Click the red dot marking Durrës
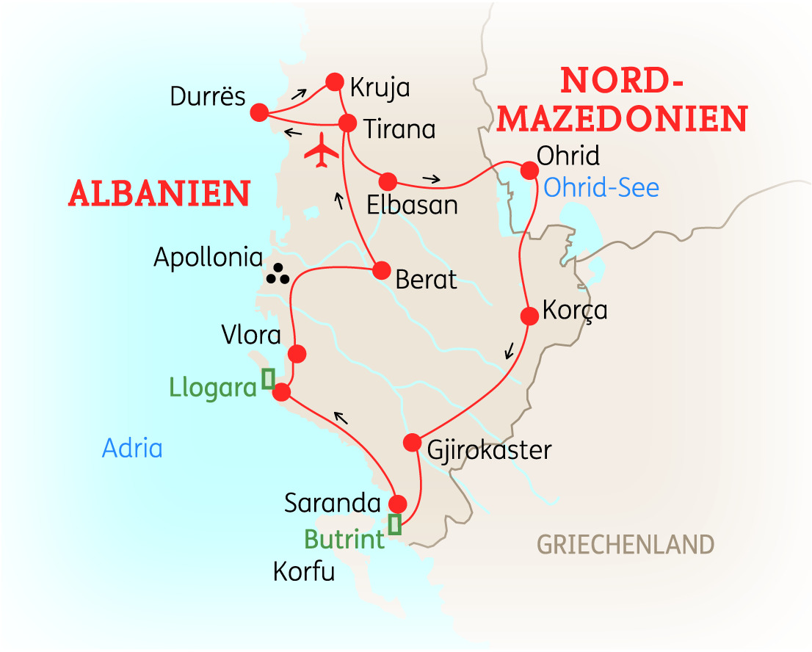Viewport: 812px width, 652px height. (x=258, y=112)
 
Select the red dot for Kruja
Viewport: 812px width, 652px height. (x=335, y=81)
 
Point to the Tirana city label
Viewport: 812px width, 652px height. (x=399, y=129)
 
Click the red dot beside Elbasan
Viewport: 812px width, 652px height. (x=387, y=181)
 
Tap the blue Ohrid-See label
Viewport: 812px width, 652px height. (x=601, y=188)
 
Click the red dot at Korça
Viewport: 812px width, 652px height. (x=529, y=316)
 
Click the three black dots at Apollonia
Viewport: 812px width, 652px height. (x=278, y=273)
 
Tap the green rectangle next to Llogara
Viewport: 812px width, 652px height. (x=268, y=377)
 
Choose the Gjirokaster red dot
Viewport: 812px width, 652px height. (x=413, y=443)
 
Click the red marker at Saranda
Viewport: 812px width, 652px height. (x=397, y=504)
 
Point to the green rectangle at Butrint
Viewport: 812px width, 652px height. (x=395, y=524)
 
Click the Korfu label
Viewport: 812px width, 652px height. (x=303, y=571)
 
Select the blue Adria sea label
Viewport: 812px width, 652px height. (x=132, y=448)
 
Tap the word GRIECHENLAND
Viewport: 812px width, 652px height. (x=625, y=545)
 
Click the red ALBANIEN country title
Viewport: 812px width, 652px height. (x=159, y=193)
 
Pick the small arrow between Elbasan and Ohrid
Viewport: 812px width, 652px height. (x=432, y=178)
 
